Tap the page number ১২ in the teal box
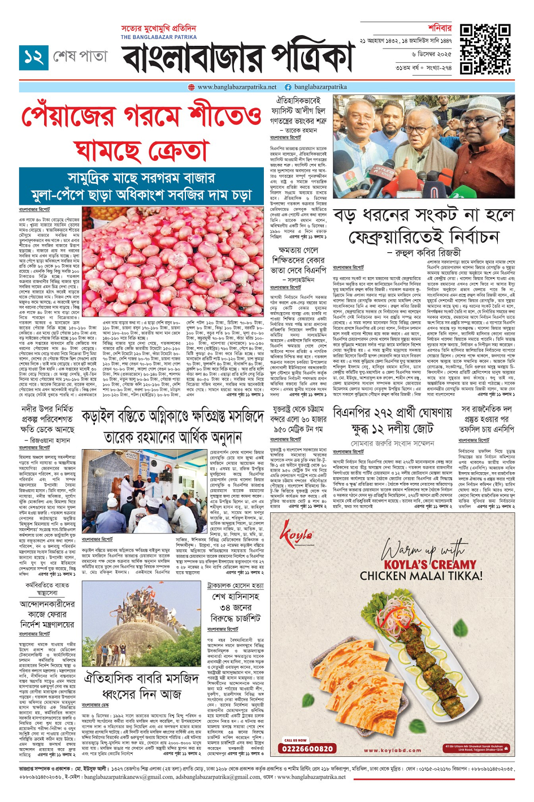[x=33, y=57]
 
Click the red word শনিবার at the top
[x=440, y=28]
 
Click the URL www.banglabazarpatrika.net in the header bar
[x=237, y=87]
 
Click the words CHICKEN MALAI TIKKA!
[x=421, y=576]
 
